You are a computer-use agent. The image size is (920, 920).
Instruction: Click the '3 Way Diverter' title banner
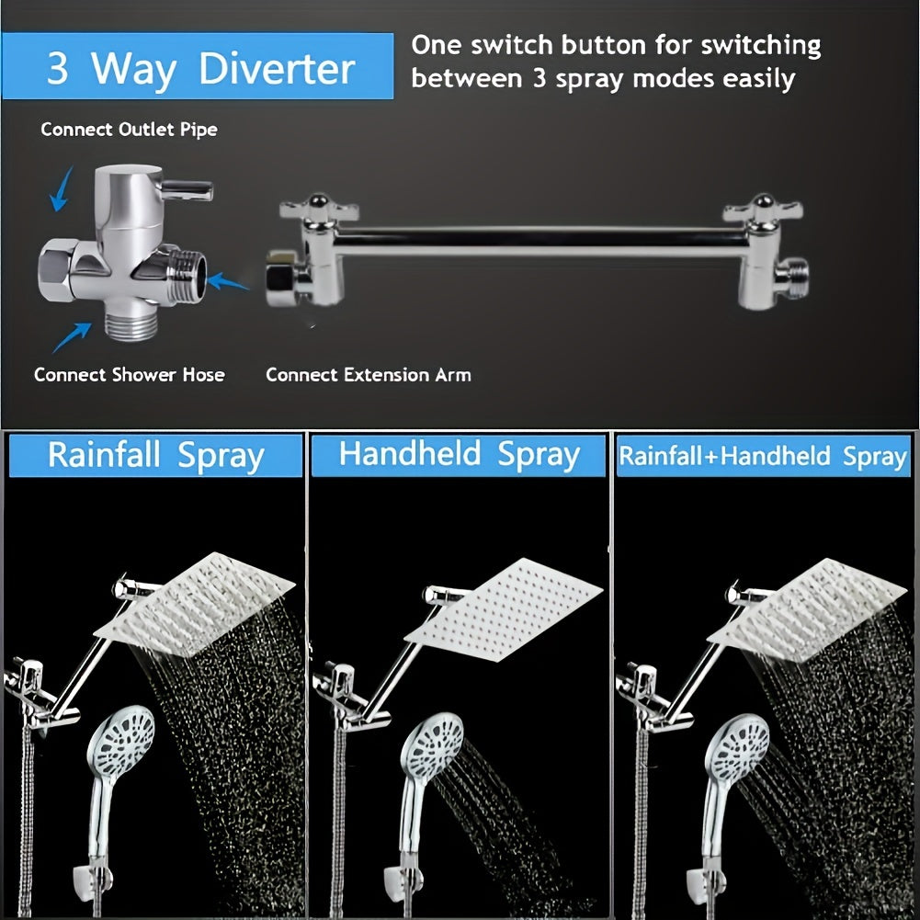[x=198, y=66]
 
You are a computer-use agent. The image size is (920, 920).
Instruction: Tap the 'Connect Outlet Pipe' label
[x=129, y=129]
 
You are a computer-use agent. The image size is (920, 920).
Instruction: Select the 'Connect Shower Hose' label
[x=129, y=374]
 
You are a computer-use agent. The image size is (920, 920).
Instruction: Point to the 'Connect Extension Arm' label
[x=369, y=374]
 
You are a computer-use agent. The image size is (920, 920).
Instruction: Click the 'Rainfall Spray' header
[x=156, y=455]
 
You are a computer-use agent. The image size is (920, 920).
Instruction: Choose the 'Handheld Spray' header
[x=459, y=455]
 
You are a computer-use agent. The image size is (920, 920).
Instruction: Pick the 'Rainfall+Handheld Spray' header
[x=764, y=456]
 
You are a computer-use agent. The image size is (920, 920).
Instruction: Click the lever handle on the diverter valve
[x=187, y=190]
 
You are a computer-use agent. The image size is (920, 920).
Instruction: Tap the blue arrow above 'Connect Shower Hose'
[x=72, y=337]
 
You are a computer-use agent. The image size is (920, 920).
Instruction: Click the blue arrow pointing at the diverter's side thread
[x=228, y=281]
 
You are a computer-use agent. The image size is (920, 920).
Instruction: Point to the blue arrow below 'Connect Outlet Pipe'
[x=62, y=189]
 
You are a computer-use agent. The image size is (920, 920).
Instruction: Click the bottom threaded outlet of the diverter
[x=131, y=326]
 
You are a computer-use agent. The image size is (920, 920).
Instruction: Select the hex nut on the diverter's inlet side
[x=57, y=269]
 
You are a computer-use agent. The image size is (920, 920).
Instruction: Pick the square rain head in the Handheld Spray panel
[x=504, y=609]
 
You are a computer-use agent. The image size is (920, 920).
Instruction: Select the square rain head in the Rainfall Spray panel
[x=195, y=605]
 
